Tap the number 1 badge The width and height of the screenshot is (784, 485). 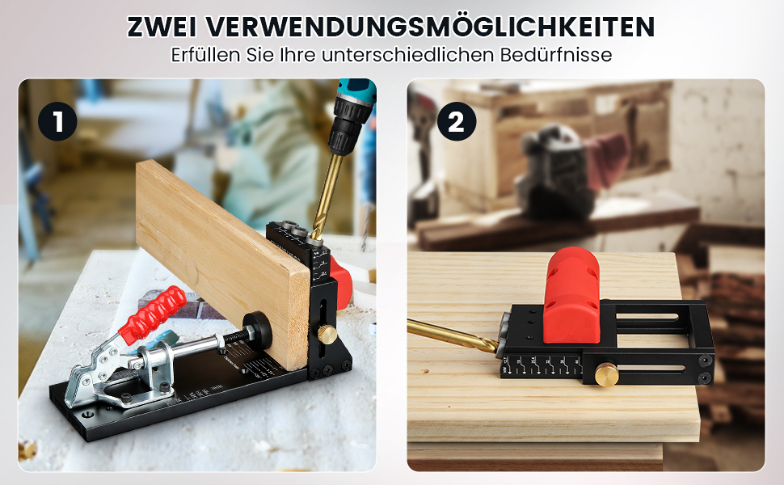57,122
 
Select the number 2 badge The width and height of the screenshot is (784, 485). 457,122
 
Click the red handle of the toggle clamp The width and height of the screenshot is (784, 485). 153,311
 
